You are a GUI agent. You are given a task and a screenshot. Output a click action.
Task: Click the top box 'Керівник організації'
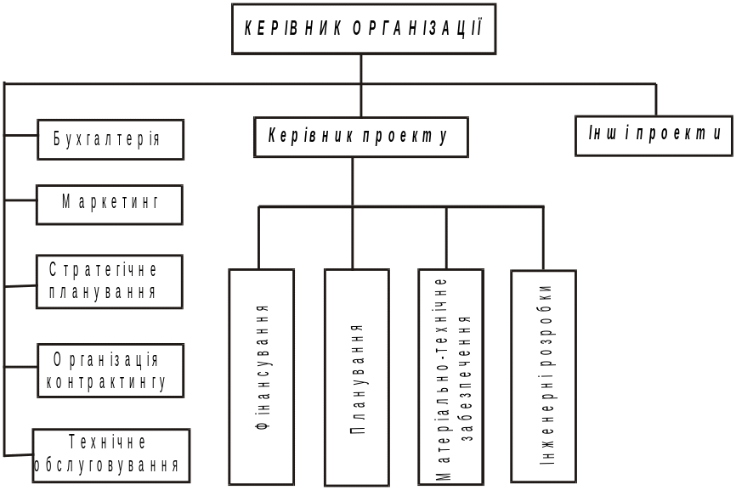[363, 29]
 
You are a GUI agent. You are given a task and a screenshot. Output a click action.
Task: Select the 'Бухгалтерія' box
[110, 139]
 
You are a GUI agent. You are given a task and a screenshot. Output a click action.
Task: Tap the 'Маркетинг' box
[109, 205]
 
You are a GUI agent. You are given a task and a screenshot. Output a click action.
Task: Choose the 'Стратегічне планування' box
[109, 282]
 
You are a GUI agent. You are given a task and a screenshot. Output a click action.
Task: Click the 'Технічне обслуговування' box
[110, 455]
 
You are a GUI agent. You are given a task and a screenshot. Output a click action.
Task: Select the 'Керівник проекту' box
[360, 137]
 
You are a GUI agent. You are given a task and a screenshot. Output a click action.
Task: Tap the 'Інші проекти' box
[653, 135]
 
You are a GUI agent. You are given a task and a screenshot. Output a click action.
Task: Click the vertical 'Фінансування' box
[262, 377]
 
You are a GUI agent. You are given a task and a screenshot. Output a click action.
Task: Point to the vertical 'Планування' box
[356, 377]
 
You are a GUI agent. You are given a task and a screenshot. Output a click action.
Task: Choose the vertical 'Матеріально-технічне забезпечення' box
[450, 377]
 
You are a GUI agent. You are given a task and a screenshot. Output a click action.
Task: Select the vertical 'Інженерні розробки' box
[543, 377]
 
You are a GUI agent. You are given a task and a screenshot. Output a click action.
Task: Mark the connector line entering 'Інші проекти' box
[655, 99]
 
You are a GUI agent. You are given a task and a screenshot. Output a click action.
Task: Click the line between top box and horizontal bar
[361, 69]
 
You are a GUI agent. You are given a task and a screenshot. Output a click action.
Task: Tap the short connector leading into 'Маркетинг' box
[20, 200]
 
